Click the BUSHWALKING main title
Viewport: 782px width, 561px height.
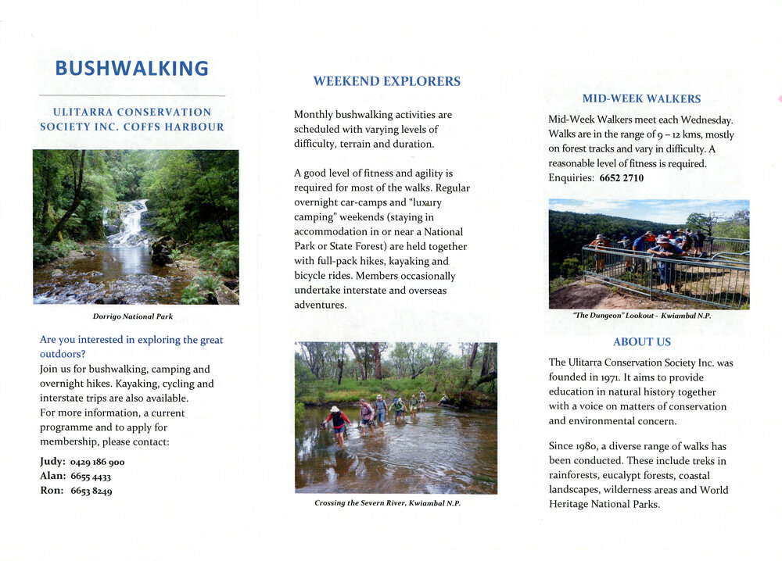[x=131, y=69]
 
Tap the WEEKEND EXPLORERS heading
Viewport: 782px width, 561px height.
[x=386, y=81]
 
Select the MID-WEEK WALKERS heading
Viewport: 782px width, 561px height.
[x=641, y=99]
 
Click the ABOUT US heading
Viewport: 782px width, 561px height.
[x=641, y=341]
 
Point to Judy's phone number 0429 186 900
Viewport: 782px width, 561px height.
[x=97, y=462]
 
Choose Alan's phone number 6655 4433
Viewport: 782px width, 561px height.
[x=91, y=477]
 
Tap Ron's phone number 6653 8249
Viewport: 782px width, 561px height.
[x=91, y=491]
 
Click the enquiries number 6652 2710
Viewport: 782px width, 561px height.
[x=622, y=178]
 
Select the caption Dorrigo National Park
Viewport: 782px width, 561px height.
[x=132, y=316]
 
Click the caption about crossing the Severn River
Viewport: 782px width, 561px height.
[x=387, y=503]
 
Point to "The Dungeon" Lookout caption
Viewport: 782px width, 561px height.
[x=641, y=316]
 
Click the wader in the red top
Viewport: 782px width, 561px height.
[x=338, y=422]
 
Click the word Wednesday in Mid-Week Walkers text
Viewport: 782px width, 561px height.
[x=706, y=120]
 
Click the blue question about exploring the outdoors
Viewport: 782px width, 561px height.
[x=131, y=347]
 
